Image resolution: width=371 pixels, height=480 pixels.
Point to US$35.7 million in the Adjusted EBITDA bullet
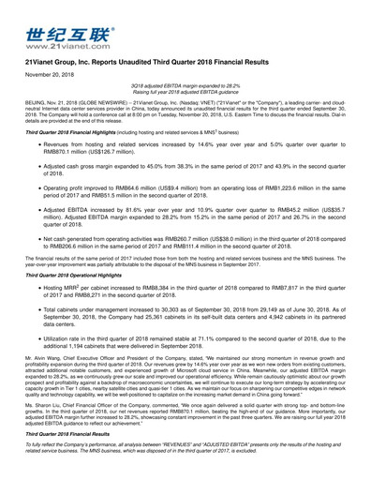click(x=328, y=211)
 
